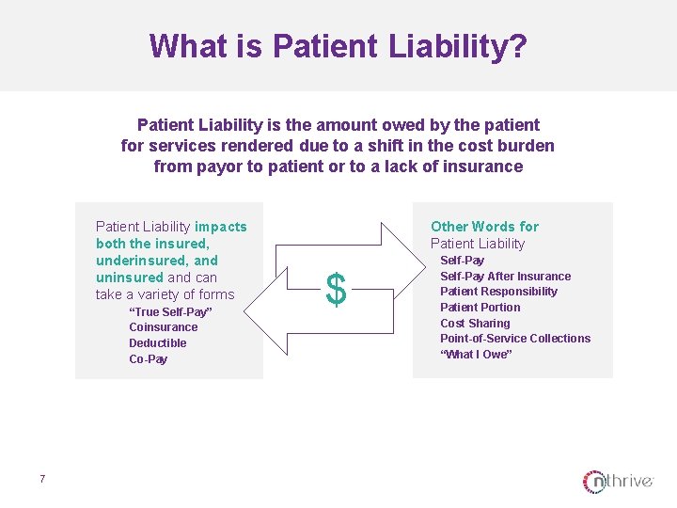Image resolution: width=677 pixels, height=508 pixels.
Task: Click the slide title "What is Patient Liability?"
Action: [338, 46]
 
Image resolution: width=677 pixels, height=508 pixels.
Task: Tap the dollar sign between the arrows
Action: [336, 289]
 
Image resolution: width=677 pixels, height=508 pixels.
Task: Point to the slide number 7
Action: [42, 480]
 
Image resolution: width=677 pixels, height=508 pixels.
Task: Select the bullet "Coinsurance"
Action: [164, 327]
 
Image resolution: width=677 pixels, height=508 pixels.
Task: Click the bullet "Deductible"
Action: [158, 343]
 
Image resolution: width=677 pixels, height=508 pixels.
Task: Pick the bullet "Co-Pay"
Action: [149, 359]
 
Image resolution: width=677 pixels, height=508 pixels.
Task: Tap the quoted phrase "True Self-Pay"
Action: [170, 311]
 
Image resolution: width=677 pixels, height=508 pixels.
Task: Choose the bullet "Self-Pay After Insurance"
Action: [505, 276]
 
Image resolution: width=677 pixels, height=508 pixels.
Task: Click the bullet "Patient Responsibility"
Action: [498, 292]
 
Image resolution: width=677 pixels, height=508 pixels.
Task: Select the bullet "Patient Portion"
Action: [480, 308]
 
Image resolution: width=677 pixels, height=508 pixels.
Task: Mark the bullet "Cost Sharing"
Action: [475, 323]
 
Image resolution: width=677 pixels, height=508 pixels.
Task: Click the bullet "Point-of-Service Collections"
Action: [515, 339]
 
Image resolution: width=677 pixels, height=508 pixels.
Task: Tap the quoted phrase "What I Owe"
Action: [476, 355]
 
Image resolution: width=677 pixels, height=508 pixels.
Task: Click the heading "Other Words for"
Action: [484, 227]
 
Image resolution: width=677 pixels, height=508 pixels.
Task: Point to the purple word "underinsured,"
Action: [157, 261]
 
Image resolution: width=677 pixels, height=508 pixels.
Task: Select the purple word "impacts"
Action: [221, 227]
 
